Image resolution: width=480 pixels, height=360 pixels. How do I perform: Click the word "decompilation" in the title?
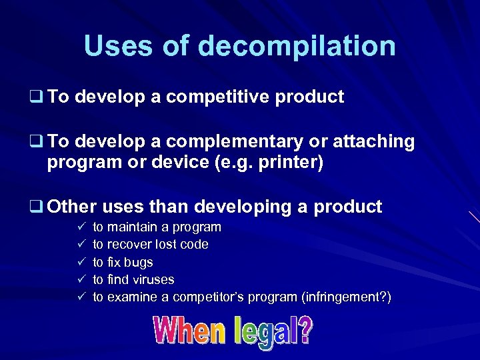[297, 46]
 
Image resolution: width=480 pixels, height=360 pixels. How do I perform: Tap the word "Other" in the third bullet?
[72, 207]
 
